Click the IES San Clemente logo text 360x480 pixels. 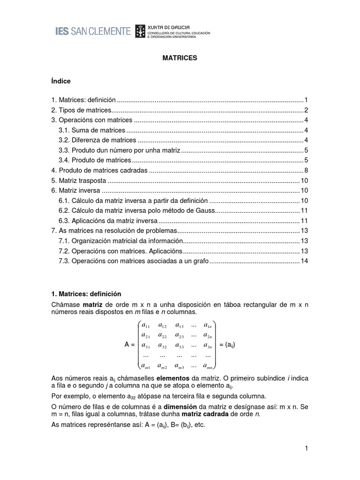click(x=93, y=31)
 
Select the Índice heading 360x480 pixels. click(x=61, y=81)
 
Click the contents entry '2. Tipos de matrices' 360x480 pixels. click(x=82, y=110)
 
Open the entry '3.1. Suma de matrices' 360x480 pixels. click(x=92, y=130)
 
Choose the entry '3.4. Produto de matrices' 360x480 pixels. click(x=94, y=160)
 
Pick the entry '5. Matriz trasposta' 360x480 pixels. click(x=79, y=180)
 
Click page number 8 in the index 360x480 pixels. click(x=306, y=170)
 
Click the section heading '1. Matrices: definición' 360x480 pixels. click(x=86, y=294)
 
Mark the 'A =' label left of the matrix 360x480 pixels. click(x=130, y=345)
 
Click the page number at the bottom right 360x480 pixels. click(x=306, y=449)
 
